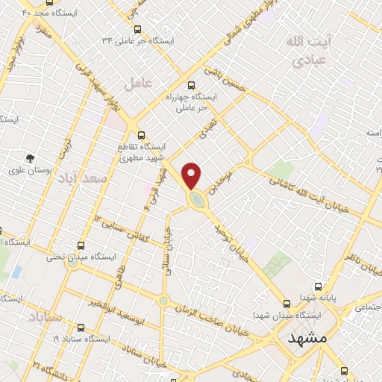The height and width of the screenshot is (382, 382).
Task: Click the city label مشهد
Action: (307, 338)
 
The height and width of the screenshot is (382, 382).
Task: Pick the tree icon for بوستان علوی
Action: (31, 158)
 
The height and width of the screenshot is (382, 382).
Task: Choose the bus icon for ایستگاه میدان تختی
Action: (82, 245)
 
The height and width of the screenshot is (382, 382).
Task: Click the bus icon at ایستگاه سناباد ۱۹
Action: (80, 327)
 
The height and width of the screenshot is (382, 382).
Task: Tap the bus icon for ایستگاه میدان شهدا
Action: (286, 303)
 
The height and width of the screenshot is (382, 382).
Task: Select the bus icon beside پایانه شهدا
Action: (319, 286)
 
